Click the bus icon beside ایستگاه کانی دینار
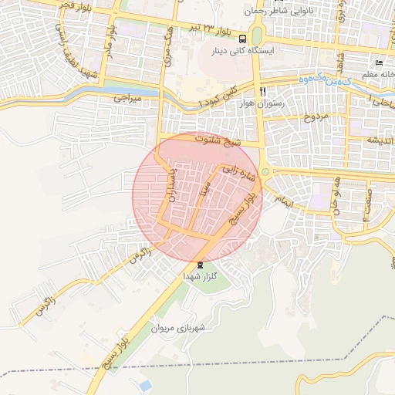coord(243,39)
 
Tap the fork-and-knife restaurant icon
coord(263,91)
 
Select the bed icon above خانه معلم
coord(378,62)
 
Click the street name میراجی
coord(128,99)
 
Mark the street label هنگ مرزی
coord(170,54)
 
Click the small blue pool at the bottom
coord(144,383)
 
